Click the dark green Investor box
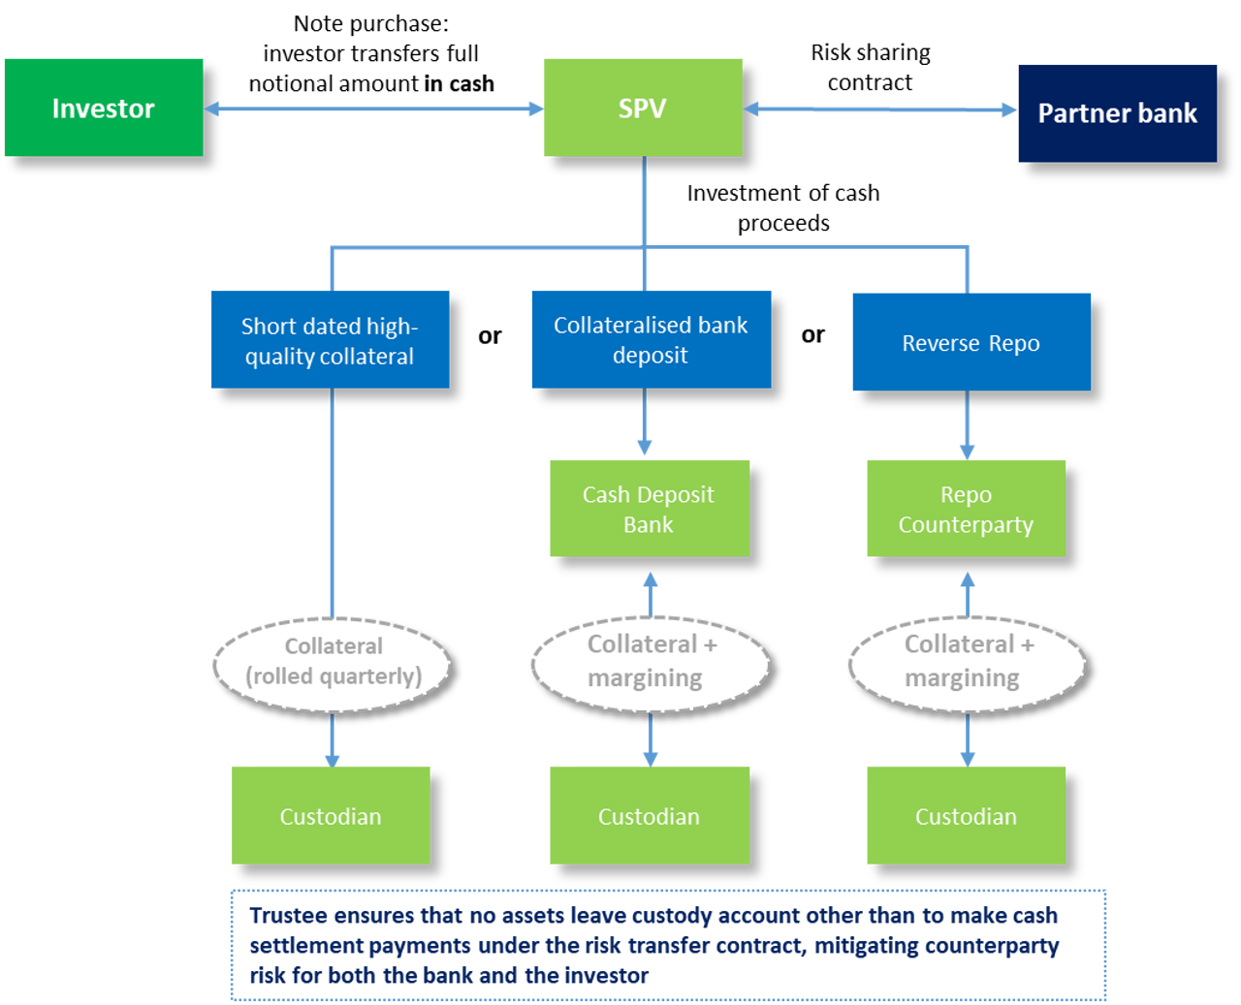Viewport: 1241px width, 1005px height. (103, 108)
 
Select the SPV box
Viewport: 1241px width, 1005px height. (642, 108)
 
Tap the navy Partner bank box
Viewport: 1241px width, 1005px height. (1117, 113)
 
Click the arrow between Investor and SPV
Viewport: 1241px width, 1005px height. (373, 109)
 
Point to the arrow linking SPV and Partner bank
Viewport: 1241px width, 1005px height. (879, 110)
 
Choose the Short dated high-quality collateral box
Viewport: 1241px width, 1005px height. (330, 340)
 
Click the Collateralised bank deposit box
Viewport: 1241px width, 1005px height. (651, 340)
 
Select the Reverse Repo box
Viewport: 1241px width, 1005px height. (971, 343)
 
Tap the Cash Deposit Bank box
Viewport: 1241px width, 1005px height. (649, 509)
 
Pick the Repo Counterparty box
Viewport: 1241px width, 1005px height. (966, 509)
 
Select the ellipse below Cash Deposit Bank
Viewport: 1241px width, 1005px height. (651, 664)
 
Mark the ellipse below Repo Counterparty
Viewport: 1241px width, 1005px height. (967, 664)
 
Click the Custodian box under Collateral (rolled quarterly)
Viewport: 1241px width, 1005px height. (331, 816)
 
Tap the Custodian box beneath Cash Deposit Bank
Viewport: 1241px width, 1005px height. (649, 816)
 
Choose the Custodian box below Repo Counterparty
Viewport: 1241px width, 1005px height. (966, 816)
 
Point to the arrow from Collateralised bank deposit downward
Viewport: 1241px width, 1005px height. (644, 424)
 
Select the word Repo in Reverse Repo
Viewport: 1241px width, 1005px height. (1014, 343)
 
